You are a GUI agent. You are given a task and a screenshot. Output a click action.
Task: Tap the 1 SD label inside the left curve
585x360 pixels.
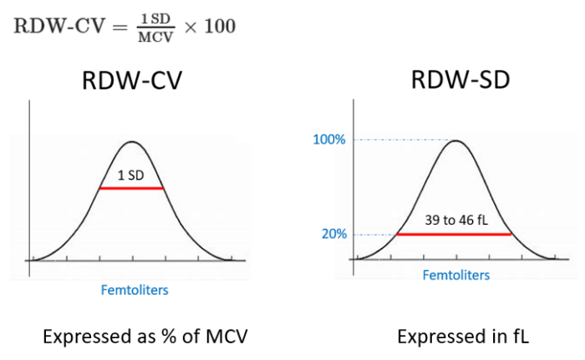coord(130,175)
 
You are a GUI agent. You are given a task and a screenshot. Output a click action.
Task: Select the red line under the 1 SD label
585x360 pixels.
coord(130,189)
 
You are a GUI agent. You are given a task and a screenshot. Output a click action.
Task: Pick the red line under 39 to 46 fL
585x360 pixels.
coord(453,235)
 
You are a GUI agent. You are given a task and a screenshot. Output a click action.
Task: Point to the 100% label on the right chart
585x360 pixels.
coord(329,139)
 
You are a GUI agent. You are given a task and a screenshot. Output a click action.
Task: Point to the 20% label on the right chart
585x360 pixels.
coord(333,235)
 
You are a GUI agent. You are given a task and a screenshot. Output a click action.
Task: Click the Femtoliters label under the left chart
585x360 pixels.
coord(130,290)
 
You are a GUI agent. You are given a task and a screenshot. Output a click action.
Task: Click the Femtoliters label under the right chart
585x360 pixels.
coord(455,274)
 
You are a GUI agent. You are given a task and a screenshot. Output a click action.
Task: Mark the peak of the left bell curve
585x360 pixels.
coord(131,142)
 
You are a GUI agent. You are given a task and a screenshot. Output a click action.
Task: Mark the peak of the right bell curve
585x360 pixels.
coord(455,140)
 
